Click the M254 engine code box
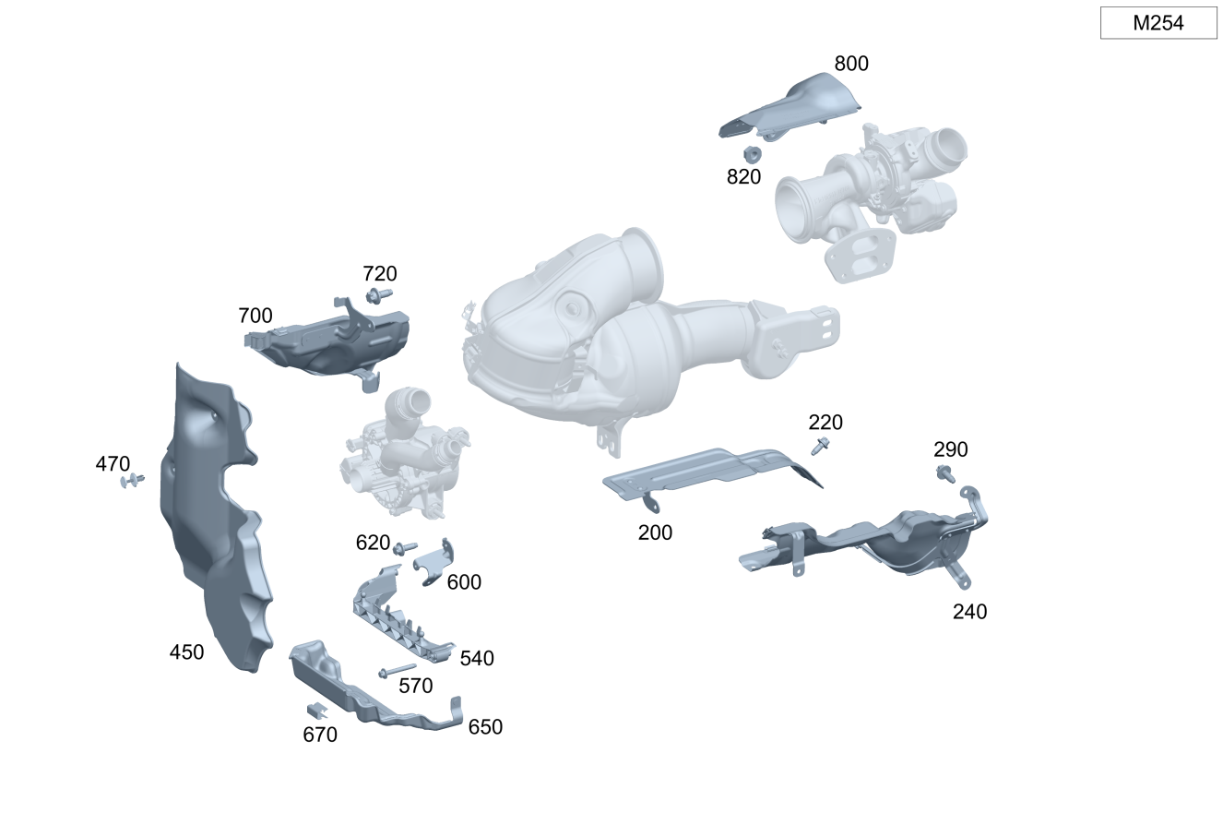[x=1158, y=23]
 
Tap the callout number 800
[x=851, y=64]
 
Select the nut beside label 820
[x=753, y=153]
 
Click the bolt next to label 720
[x=379, y=295]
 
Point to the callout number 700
[x=255, y=316]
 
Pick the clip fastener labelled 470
[x=132, y=481]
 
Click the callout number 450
[x=186, y=652]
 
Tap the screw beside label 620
[x=405, y=548]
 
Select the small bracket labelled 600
[x=434, y=562]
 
